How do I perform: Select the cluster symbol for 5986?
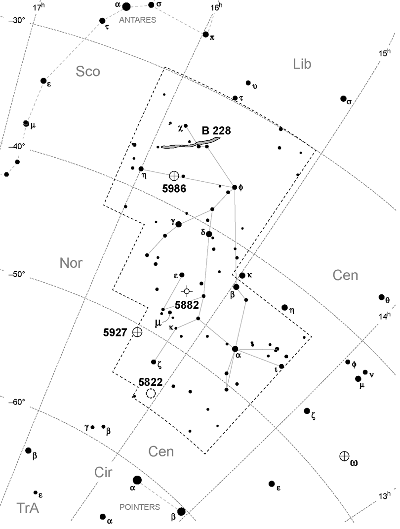pyautogui.click(x=174, y=175)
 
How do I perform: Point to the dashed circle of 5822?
pyautogui.click(x=151, y=393)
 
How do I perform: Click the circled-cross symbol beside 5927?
pyautogui.click(x=137, y=332)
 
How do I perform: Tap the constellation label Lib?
pyautogui.click(x=302, y=64)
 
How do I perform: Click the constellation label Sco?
pyautogui.click(x=88, y=72)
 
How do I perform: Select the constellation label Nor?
pyautogui.click(x=71, y=263)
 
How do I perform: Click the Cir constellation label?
pyautogui.click(x=104, y=473)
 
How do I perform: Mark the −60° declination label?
pyautogui.click(x=16, y=402)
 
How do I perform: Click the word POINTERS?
pyautogui.click(x=140, y=507)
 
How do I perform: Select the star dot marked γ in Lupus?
pyautogui.click(x=179, y=224)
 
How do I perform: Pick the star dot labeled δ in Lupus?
pyautogui.click(x=209, y=234)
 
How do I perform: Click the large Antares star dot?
pyautogui.click(x=126, y=6)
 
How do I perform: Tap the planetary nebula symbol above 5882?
pyautogui.click(x=187, y=291)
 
